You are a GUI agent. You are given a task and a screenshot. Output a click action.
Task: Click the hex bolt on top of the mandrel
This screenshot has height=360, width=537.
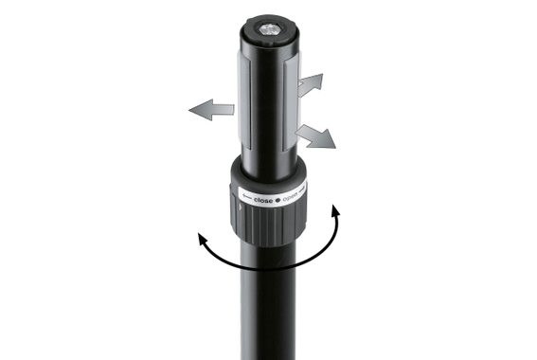[x=268, y=33]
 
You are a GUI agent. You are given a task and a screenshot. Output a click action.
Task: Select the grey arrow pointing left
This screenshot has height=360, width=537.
[x=211, y=111]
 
